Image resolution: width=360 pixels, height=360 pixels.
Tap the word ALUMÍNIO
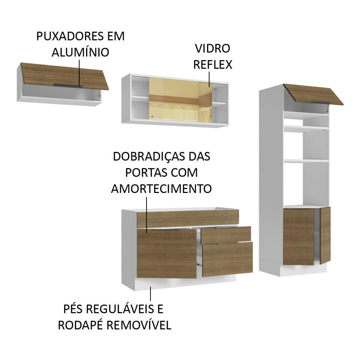pos(80,52)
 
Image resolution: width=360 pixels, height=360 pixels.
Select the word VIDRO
pos(212,49)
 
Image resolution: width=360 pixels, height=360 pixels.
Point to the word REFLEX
pos(213,64)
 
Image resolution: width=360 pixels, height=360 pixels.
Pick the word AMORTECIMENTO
pos(161,188)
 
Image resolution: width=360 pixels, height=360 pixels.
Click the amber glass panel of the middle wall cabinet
pos(175,99)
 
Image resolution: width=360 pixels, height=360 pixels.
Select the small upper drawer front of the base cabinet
pos(226,234)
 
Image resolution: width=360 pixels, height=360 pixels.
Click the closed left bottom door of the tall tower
pos(298,237)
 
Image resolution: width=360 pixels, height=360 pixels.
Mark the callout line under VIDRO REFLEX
pos(209,79)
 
